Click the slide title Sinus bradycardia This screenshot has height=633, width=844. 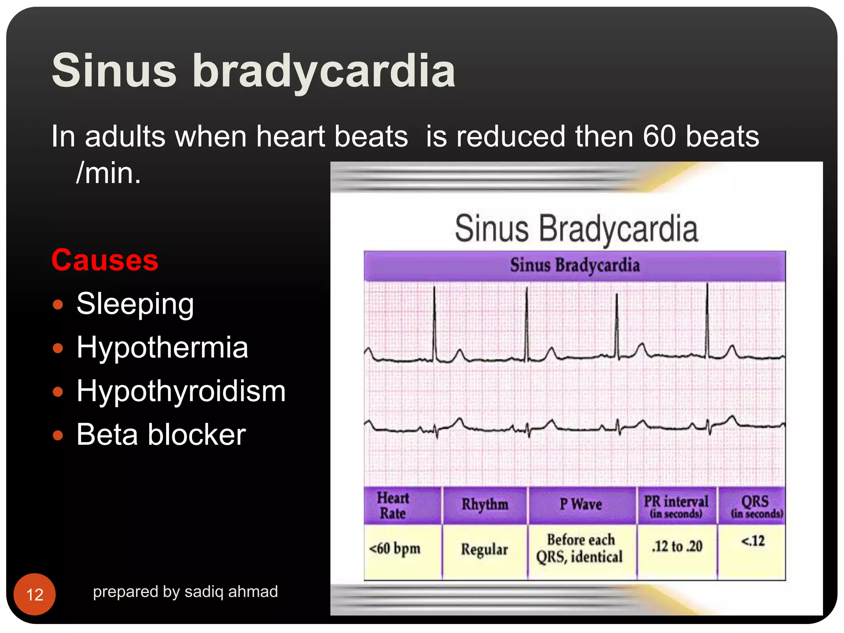tap(253, 71)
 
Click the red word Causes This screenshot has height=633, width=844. tap(105, 260)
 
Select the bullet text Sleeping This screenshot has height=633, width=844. tap(135, 304)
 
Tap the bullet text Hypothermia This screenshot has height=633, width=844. tap(162, 347)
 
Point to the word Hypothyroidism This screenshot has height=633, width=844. tap(181, 391)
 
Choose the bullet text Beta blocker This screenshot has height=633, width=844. tap(161, 435)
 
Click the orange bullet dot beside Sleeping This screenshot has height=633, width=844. tap(58, 305)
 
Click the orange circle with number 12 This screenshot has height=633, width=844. tap(35, 594)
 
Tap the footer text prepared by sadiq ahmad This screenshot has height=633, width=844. tap(185, 592)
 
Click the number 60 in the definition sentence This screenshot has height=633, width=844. tap(659, 136)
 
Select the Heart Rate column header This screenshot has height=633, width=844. tap(393, 506)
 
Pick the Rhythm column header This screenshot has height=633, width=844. tap(485, 504)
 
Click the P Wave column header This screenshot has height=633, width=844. tap(581, 504)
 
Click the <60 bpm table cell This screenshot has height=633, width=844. tap(395, 549)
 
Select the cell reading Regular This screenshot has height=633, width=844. tap(484, 550)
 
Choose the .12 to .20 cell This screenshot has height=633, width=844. tap(677, 546)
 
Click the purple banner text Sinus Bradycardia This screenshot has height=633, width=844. tap(574, 265)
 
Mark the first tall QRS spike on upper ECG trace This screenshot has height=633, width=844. tap(434, 321)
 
